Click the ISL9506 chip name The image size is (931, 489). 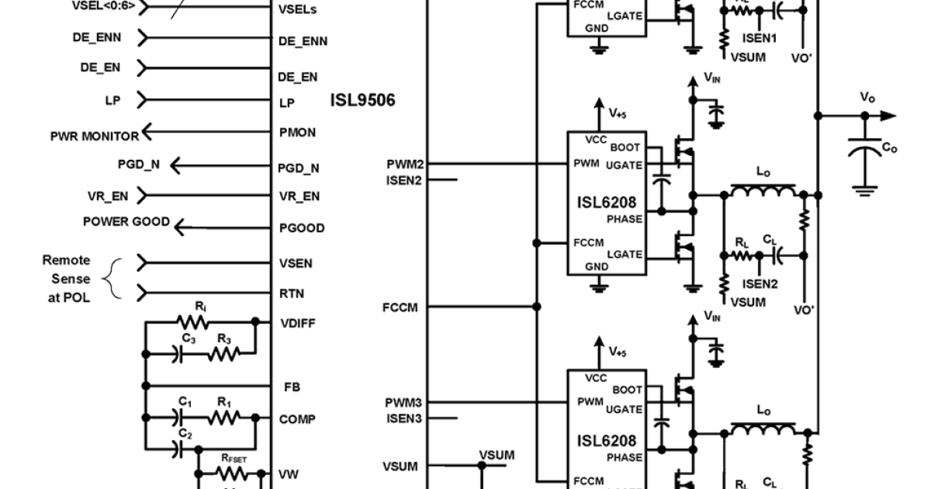click(362, 101)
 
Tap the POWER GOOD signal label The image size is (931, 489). click(126, 222)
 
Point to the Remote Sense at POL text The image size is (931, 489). click(66, 279)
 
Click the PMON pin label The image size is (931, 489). click(297, 133)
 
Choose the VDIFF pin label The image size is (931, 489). click(296, 323)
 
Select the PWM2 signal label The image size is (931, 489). click(404, 165)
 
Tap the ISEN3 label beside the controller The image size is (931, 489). click(403, 418)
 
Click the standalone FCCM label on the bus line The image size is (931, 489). click(400, 307)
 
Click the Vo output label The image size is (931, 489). click(867, 98)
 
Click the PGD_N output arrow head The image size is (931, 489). click(175, 165)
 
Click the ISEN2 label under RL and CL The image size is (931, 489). click(760, 284)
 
